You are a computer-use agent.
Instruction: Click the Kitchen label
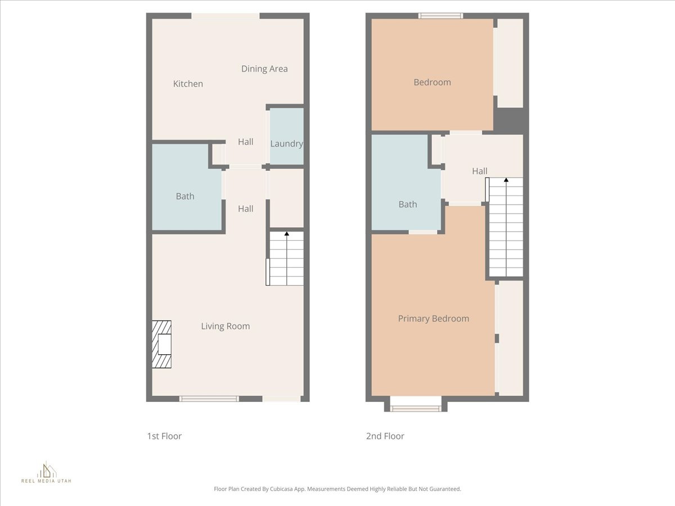click(188, 84)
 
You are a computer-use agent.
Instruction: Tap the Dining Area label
click(264, 69)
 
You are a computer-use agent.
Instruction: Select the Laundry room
click(286, 137)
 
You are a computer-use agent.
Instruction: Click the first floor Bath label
click(185, 196)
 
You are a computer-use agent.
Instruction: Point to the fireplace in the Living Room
click(162, 344)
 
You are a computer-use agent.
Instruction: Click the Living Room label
click(226, 326)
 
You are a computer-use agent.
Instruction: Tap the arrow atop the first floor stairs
click(287, 233)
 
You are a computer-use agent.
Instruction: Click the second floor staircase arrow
click(506, 180)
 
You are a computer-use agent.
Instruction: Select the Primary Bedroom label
click(433, 319)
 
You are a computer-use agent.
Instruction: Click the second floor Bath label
click(408, 204)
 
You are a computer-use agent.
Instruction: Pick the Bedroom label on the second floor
click(432, 82)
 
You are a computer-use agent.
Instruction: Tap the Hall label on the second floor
click(480, 171)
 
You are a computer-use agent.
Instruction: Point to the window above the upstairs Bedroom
click(440, 16)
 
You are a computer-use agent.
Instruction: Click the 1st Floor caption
click(164, 436)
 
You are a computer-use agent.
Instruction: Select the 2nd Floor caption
click(385, 436)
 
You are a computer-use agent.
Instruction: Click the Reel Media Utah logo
click(46, 473)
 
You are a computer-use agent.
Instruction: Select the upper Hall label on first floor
click(245, 142)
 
